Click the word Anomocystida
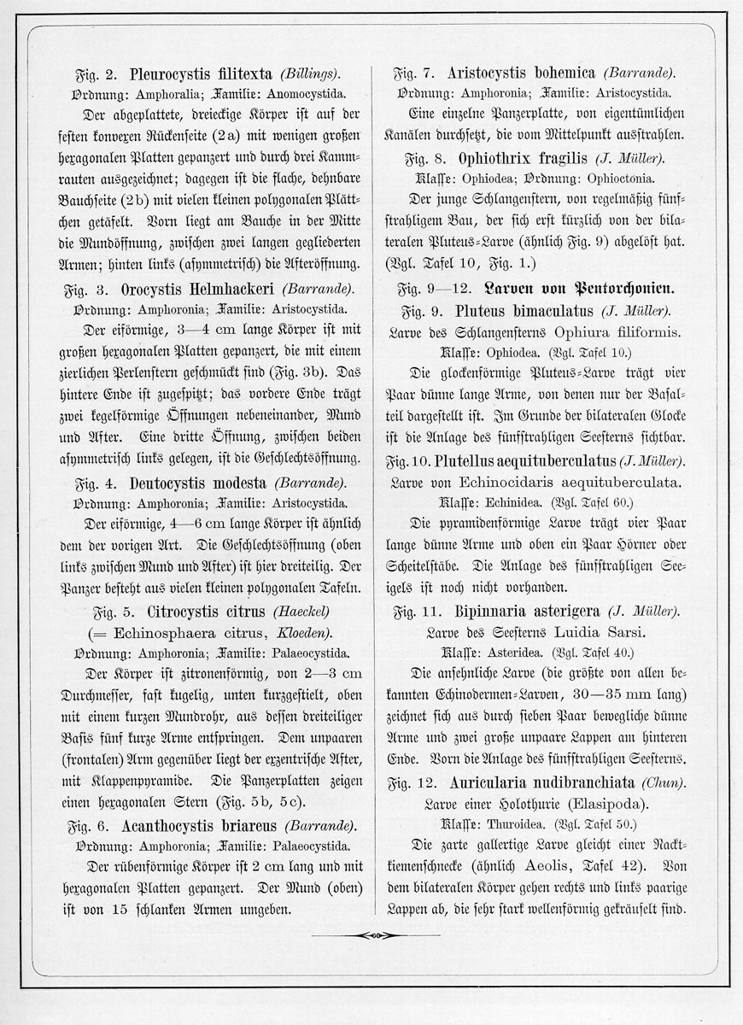click(308, 95)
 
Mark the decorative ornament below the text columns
click(371, 934)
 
